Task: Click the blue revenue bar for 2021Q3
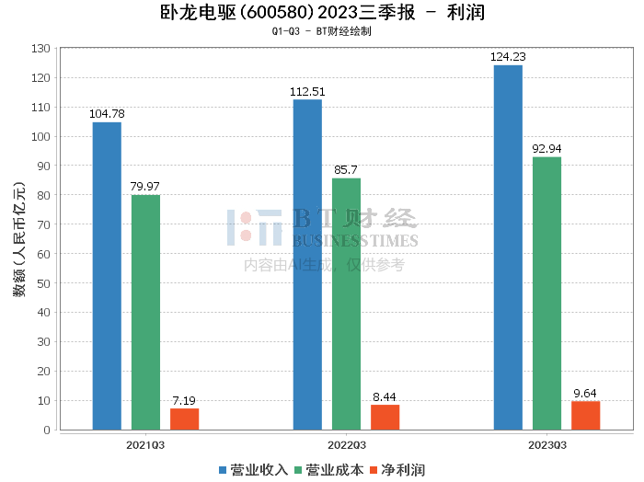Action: coord(107,276)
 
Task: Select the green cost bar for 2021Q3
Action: coord(145,313)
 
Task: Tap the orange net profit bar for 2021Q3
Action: coord(184,419)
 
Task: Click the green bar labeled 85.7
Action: coord(346,304)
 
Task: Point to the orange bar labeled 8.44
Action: coord(385,418)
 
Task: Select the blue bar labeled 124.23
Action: coord(508,247)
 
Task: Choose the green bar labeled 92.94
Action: coord(546,293)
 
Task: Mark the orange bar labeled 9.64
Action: coord(585,416)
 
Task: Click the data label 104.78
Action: coord(107,114)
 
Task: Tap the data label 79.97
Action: coord(145,187)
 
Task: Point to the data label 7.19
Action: coord(184,401)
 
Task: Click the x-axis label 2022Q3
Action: coord(346,444)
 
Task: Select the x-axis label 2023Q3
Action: coord(546,444)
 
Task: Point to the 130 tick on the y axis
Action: coord(40,49)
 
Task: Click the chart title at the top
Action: coord(321,13)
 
